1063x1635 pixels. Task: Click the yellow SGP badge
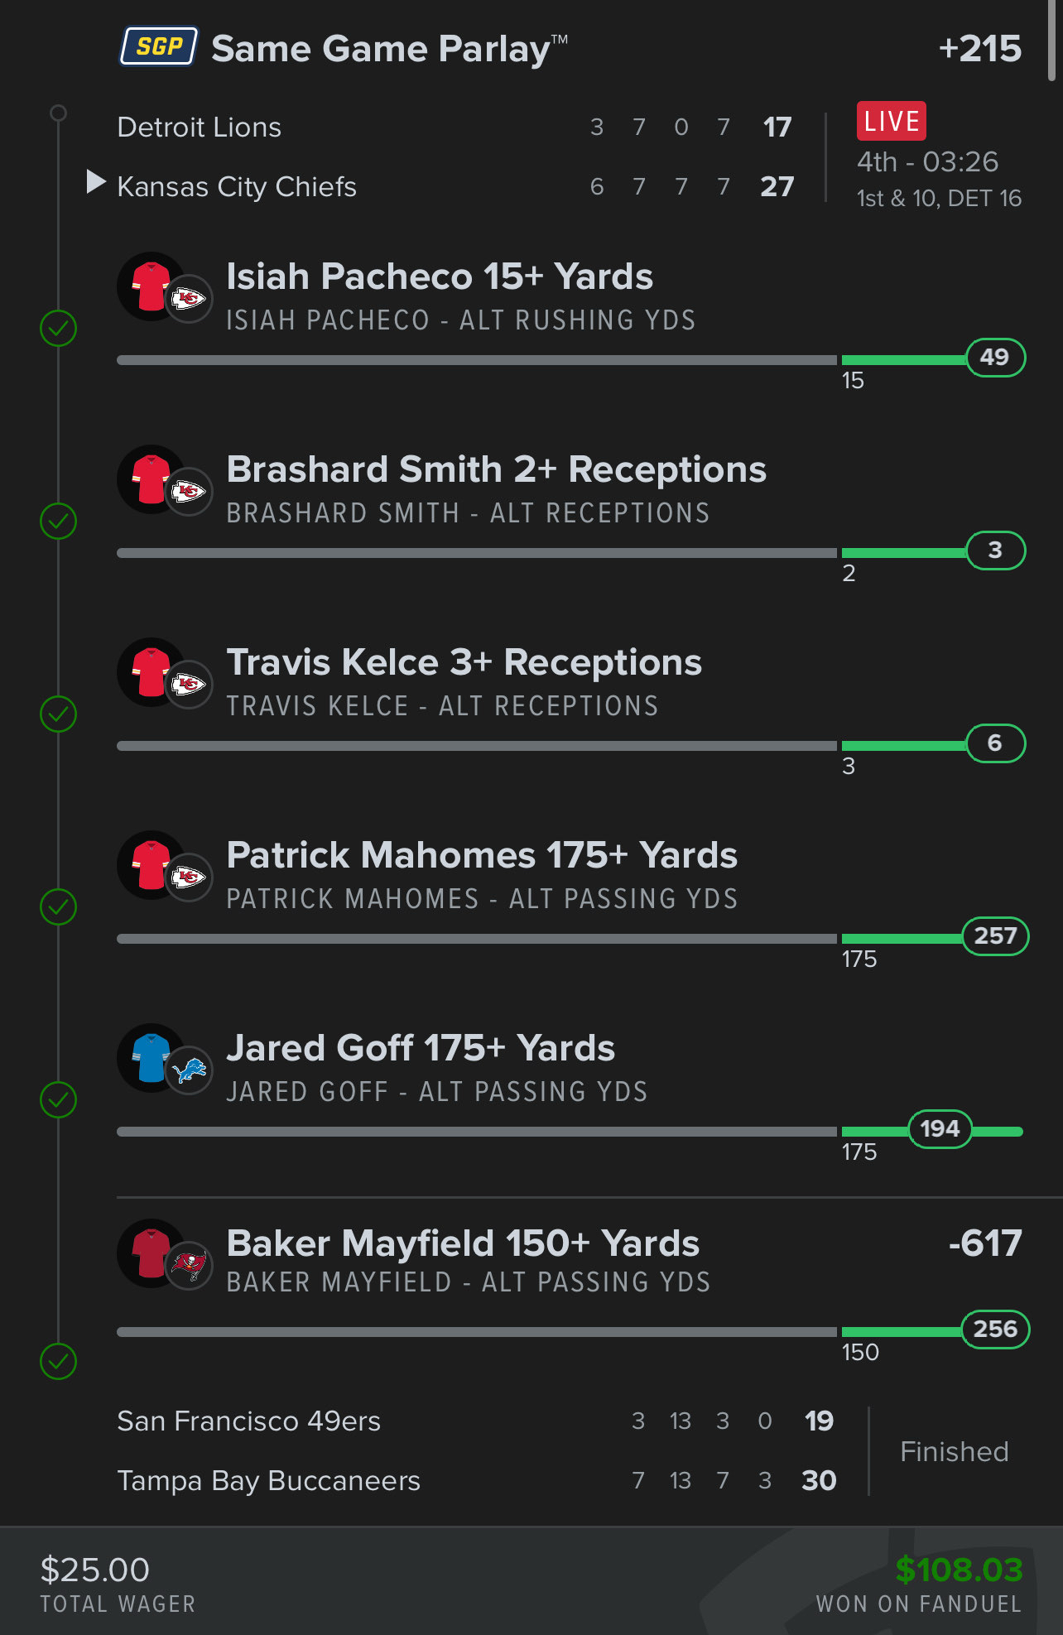[x=159, y=46]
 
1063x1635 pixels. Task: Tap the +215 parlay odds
[x=980, y=49]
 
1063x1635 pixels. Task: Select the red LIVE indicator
[x=891, y=122]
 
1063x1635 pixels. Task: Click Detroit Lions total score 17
[x=777, y=127]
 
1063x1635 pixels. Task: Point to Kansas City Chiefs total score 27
[x=777, y=187]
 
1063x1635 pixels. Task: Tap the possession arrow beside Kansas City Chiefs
[x=96, y=182]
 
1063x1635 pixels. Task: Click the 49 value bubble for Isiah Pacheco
[x=995, y=358]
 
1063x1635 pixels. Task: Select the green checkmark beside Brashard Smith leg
[x=59, y=522]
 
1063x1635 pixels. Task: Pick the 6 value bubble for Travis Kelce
[x=995, y=743]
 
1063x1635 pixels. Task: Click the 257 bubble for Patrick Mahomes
[x=995, y=936]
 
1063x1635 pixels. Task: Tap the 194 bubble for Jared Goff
[x=940, y=1129]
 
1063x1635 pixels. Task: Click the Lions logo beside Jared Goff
[x=190, y=1071]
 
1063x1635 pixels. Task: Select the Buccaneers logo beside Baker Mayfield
[x=190, y=1265]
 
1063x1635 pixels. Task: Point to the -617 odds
[x=985, y=1243]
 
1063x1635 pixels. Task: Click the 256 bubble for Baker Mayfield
[x=995, y=1330]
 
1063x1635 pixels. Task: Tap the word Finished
[x=955, y=1452]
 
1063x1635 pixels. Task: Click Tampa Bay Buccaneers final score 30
[x=819, y=1480]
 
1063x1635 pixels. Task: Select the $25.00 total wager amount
[x=95, y=1570]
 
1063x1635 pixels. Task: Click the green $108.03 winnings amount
[x=959, y=1570]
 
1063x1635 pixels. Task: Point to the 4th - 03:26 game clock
[x=927, y=162]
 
